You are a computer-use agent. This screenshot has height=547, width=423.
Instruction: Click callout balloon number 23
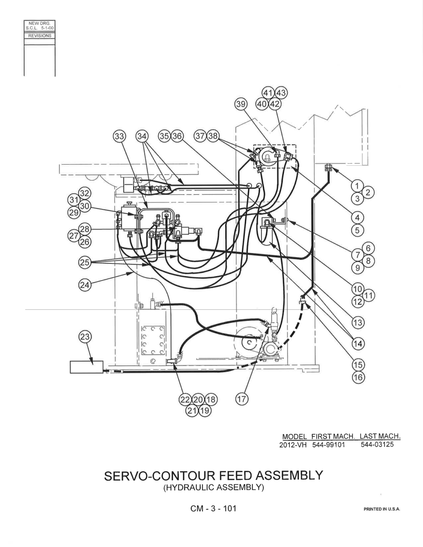[x=85, y=337]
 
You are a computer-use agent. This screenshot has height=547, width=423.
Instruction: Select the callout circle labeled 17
[x=242, y=399]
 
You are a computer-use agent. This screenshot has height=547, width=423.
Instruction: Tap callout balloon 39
[x=241, y=104]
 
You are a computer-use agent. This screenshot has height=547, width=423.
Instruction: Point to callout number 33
[x=119, y=136]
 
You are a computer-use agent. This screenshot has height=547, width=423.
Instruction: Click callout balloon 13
[x=358, y=323]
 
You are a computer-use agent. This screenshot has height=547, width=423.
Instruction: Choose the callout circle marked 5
[x=357, y=230]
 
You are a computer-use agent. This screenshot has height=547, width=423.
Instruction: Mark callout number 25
[x=85, y=262]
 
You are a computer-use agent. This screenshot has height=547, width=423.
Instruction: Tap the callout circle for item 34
[x=142, y=136]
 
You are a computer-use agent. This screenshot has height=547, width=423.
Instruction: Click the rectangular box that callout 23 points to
[x=87, y=367]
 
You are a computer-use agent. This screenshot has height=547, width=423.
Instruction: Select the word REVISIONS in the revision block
[x=40, y=36]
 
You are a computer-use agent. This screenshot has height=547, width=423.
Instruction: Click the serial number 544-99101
[x=328, y=445]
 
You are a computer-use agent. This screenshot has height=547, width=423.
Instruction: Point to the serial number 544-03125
[x=377, y=444]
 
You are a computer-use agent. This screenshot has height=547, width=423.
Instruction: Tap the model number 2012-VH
[x=293, y=445]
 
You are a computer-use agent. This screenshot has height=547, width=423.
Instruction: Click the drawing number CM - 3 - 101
[x=213, y=508]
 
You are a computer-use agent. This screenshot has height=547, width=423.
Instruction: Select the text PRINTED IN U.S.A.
[x=382, y=509]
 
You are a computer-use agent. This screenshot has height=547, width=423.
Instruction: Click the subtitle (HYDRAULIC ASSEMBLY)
[x=213, y=487]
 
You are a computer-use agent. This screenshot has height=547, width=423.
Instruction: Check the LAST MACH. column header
[x=380, y=436]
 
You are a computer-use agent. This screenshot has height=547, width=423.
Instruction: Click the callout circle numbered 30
[x=85, y=206]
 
